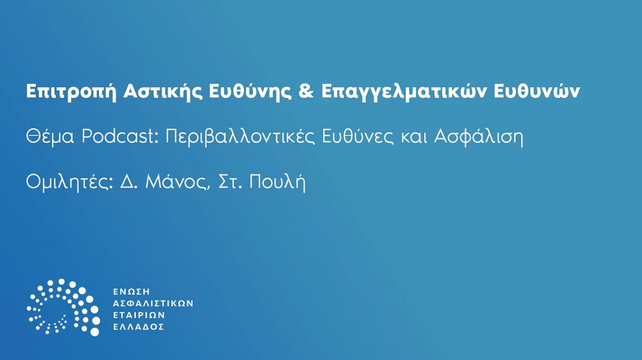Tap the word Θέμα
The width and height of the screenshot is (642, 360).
pos(50,137)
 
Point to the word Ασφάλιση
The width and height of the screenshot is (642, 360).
pos(478,137)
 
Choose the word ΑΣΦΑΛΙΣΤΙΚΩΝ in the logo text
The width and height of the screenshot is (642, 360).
pos(152,303)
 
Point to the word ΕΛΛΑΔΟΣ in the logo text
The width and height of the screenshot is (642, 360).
pos(138,327)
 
